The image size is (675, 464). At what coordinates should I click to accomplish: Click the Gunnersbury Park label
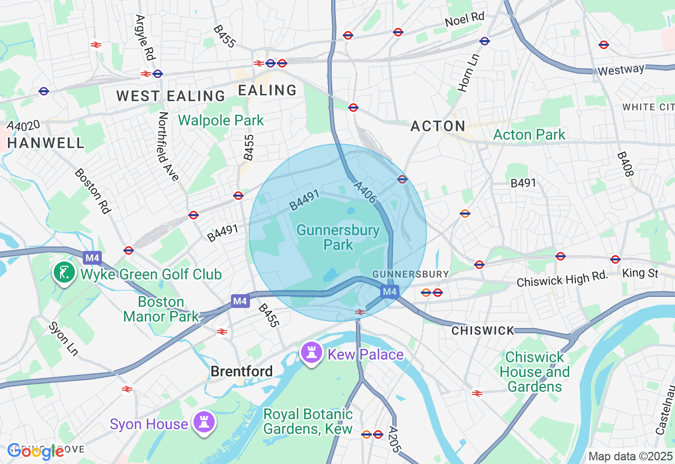[x=338, y=237]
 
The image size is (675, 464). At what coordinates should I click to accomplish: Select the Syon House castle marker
[x=203, y=422]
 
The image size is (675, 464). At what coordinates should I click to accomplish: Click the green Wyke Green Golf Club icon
[x=63, y=273]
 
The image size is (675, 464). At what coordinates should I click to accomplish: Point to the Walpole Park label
[x=221, y=120]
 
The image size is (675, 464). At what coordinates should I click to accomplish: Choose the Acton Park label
[x=529, y=134]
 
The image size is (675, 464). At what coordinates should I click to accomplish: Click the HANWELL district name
[x=46, y=143]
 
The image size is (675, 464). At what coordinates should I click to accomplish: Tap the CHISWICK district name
[x=483, y=331]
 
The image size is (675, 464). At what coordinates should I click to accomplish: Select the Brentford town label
[x=242, y=371]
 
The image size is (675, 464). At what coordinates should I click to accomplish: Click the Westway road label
[x=621, y=70]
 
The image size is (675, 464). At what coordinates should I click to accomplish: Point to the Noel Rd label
[x=465, y=20]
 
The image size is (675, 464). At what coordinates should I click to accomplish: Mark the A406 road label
[x=365, y=192]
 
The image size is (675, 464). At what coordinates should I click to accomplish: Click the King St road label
[x=640, y=273]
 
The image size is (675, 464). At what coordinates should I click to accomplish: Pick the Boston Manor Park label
[x=161, y=309]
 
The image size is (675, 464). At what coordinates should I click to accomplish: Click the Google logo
[x=35, y=451]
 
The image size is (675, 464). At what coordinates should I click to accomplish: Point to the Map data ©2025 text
[x=630, y=456]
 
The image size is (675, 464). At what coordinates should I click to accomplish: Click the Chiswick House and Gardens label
[x=534, y=372]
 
